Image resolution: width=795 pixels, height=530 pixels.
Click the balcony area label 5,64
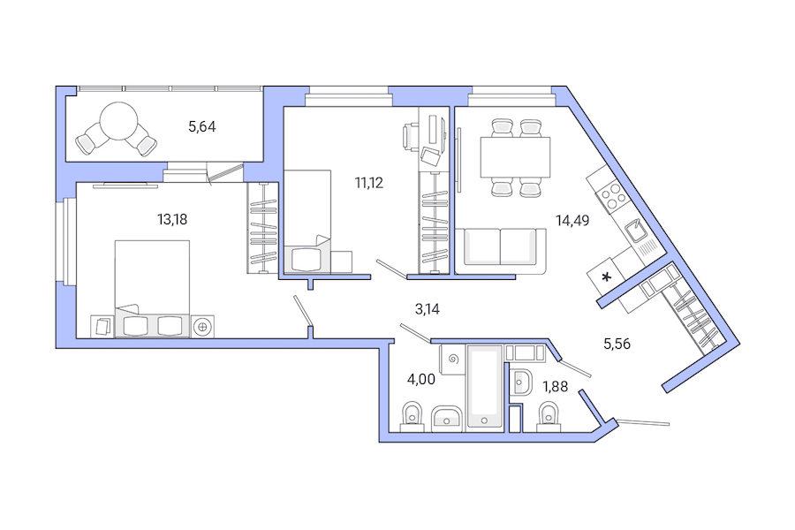click(201, 126)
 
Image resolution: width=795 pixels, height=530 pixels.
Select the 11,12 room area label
click(369, 183)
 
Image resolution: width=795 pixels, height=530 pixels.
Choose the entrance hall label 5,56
click(617, 344)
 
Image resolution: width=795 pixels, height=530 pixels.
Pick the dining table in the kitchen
click(515, 157)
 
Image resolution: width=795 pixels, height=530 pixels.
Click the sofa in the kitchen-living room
click(500, 246)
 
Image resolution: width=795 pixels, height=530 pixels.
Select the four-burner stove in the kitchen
click(609, 193)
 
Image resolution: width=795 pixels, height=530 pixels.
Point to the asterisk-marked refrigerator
click(607, 277)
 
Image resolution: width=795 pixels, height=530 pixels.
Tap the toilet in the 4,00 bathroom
click(411, 414)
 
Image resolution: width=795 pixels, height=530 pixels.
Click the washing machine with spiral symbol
click(454, 361)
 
